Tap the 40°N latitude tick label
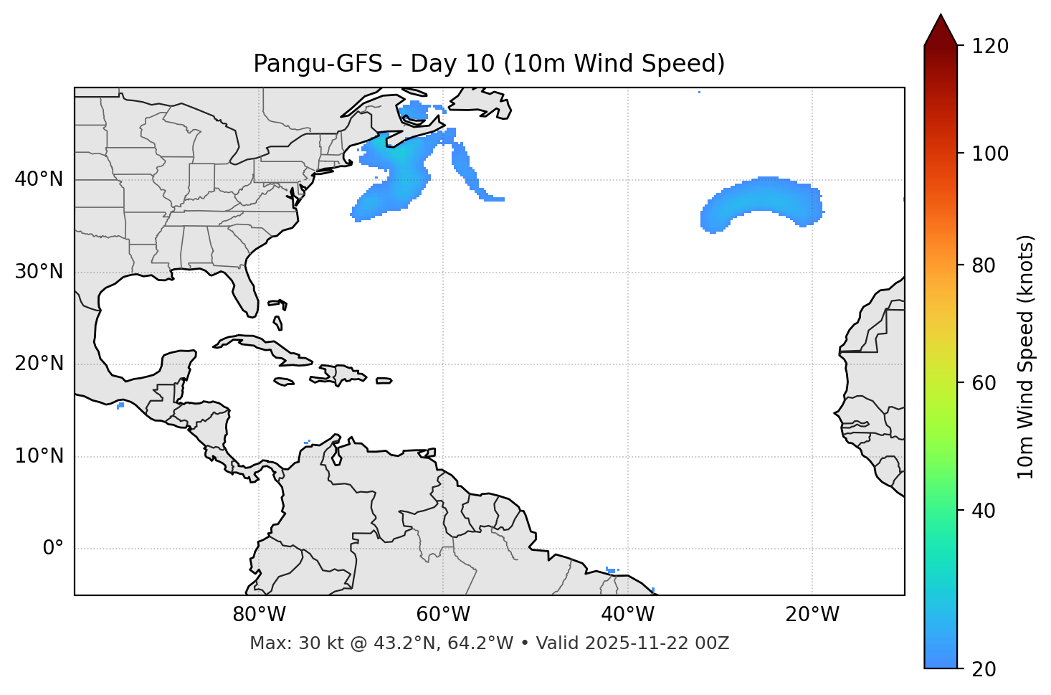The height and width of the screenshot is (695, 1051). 39,179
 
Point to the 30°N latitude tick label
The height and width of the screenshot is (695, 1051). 39,272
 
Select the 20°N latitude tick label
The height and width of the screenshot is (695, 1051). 39,364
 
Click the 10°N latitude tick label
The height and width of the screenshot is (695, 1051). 39,456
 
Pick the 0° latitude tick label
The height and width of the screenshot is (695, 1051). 52,549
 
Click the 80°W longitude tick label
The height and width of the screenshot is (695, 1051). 259,615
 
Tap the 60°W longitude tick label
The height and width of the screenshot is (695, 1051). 443,615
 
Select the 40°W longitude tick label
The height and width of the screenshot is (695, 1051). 628,615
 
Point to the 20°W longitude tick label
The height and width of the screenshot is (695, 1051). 812,615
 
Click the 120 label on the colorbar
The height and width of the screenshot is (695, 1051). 989,47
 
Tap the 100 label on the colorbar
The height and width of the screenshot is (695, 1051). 989,154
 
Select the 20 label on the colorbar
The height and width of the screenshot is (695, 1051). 984,668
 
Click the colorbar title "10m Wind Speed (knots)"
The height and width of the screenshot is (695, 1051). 1026,357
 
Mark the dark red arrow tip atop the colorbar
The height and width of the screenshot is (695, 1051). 941,27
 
